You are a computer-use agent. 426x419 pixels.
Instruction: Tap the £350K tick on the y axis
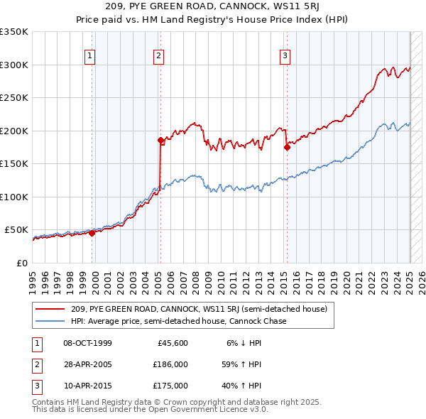(14, 32)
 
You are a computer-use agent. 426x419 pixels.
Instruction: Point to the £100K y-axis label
(14, 197)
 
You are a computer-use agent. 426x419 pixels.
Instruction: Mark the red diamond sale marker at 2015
(288, 148)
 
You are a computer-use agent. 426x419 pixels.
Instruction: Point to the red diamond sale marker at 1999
(92, 233)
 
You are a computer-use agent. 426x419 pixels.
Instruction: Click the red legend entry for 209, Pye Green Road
(199, 309)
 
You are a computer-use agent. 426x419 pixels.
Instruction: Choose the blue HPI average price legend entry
(178, 321)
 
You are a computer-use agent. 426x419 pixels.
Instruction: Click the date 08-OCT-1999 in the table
(87, 344)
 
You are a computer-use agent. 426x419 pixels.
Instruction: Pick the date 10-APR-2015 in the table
(87, 386)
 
